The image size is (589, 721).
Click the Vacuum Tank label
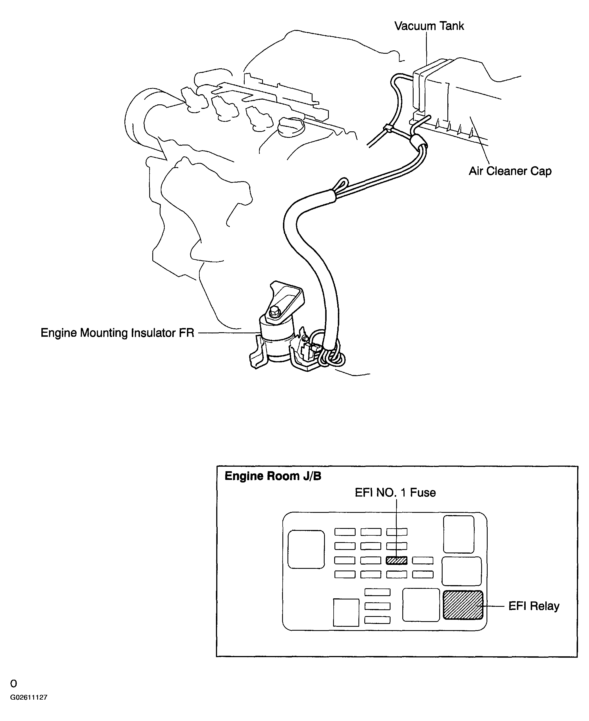[429, 26]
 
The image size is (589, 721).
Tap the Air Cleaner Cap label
[510, 171]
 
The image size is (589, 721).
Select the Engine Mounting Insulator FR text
[117, 333]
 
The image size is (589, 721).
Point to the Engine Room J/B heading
[273, 476]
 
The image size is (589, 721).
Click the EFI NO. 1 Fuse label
[395, 493]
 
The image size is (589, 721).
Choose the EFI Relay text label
[534, 606]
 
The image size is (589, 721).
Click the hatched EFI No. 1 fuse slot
[397, 560]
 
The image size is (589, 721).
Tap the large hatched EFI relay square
[463, 605]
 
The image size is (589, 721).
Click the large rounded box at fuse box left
[306, 549]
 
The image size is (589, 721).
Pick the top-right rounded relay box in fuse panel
[459, 534]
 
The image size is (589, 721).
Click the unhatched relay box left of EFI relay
[421, 605]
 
